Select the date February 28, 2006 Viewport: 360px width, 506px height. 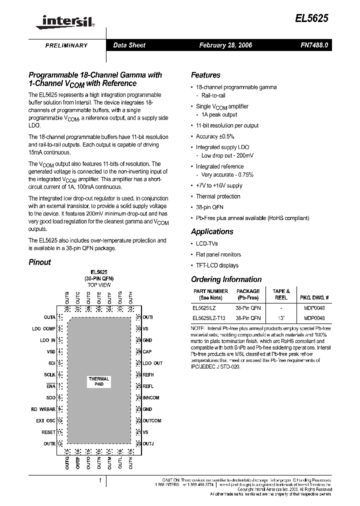225,45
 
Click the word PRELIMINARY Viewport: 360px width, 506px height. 66,45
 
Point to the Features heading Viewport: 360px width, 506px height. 205,75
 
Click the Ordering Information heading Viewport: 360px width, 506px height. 226,279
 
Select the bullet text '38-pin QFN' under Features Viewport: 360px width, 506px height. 209,207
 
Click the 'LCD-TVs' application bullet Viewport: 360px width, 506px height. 207,243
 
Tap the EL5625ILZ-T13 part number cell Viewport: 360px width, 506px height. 209,318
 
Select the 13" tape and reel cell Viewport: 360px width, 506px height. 281,318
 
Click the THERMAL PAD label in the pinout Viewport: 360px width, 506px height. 99,381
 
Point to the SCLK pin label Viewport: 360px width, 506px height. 49,374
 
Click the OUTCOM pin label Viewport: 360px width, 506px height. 152,421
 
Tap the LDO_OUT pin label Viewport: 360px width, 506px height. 152,363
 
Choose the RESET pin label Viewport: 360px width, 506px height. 48,432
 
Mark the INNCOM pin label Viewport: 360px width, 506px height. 151,398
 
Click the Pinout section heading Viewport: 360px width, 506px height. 39,262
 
